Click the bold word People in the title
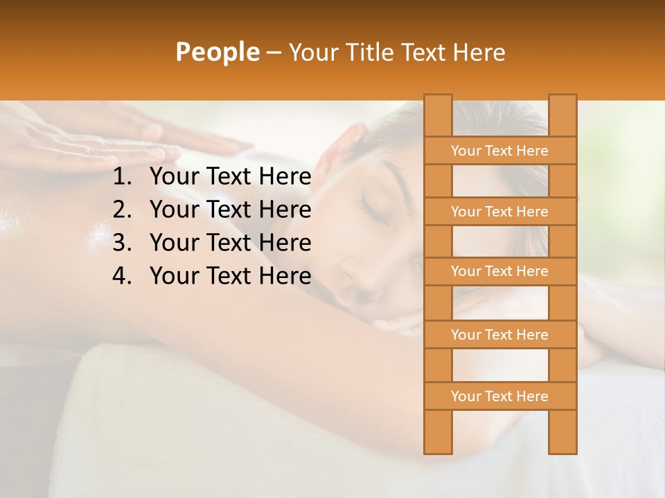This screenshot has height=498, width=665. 218,53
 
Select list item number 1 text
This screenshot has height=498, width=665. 230,177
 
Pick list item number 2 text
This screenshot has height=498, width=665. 230,210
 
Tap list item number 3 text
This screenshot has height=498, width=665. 230,243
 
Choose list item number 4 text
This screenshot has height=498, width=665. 230,276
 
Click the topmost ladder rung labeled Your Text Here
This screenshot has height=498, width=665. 499,151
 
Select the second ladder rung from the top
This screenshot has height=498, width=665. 499,212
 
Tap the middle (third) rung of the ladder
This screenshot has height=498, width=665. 499,272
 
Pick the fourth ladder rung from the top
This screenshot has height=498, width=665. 499,335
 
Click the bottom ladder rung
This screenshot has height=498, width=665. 499,396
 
